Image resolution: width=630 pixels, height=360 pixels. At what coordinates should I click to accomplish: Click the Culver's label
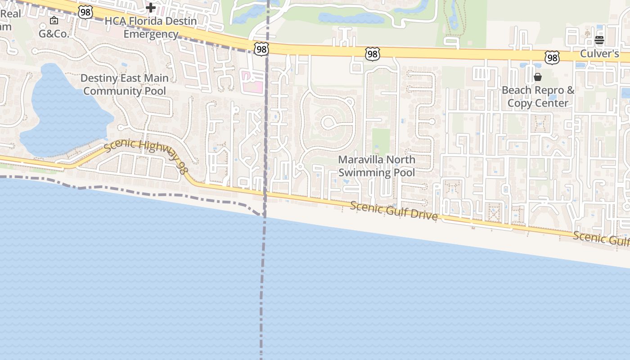(599, 54)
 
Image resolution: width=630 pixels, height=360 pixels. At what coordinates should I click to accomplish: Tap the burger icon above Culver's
(599, 40)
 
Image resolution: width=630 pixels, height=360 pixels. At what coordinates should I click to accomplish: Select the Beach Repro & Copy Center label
(538, 96)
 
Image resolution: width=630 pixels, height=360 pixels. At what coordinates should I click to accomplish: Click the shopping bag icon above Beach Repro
(538, 77)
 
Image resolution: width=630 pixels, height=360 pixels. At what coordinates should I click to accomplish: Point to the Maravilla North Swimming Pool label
(376, 166)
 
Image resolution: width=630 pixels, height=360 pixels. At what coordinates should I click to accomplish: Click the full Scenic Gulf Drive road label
(394, 211)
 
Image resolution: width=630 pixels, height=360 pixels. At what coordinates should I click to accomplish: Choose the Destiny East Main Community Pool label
(125, 85)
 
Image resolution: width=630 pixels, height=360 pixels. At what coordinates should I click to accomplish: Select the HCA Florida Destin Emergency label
(151, 27)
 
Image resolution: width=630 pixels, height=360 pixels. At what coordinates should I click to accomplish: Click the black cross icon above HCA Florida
(151, 7)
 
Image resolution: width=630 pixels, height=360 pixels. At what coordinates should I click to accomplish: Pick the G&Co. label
(54, 34)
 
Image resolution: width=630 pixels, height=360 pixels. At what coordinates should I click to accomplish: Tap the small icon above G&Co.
(54, 20)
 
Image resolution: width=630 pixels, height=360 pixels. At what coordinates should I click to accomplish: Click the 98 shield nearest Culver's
(552, 57)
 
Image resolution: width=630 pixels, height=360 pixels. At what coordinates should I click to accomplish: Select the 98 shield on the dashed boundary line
(261, 49)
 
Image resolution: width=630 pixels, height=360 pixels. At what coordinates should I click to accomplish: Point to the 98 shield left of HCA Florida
(85, 12)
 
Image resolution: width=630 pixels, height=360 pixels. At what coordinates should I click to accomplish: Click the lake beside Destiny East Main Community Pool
(63, 112)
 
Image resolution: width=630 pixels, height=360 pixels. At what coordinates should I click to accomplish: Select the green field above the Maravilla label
(381, 141)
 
